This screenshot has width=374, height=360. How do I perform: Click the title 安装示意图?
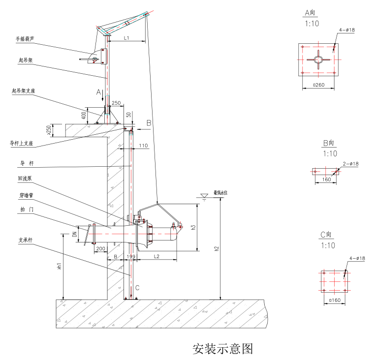(x=222, y=349)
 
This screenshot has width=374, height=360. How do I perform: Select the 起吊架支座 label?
(x=24, y=91)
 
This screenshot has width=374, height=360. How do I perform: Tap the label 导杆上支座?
(x=22, y=144)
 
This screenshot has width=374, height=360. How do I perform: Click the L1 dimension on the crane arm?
(x=126, y=38)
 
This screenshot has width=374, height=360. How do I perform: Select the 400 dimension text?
(x=84, y=115)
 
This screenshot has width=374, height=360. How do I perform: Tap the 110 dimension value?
(x=143, y=146)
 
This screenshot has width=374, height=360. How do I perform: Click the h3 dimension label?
(x=193, y=227)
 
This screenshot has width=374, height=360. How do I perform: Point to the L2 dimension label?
(x=156, y=256)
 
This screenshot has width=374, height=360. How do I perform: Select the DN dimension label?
(x=75, y=234)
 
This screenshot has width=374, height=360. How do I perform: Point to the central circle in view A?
(x=318, y=60)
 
